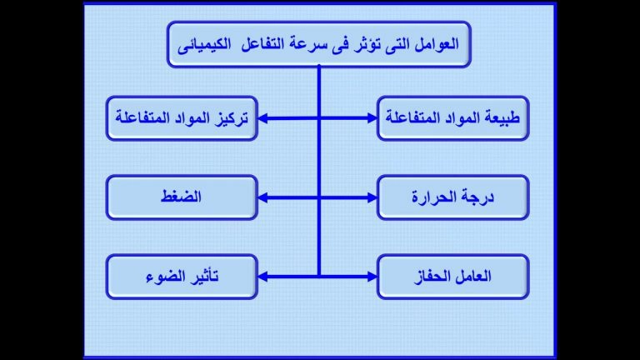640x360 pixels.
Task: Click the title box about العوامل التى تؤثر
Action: (x=319, y=44)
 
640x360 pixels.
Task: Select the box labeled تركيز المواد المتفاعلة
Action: (x=182, y=118)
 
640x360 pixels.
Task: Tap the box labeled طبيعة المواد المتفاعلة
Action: (x=453, y=118)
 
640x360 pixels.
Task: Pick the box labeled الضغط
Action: (x=182, y=197)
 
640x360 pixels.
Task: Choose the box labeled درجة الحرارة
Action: (x=453, y=197)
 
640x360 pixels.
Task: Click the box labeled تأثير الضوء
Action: (x=182, y=277)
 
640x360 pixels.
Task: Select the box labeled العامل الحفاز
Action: (x=453, y=277)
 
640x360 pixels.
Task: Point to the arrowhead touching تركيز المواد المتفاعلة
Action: (x=263, y=118)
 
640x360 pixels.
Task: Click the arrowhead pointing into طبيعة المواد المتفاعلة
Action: (x=372, y=118)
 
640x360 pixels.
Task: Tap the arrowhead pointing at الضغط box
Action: (x=263, y=197)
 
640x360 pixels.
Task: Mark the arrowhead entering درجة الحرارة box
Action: (x=372, y=197)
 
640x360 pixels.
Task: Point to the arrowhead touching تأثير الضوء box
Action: (x=263, y=277)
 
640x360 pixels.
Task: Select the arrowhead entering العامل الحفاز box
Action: (x=372, y=277)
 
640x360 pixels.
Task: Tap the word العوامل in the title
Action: (x=437, y=44)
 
